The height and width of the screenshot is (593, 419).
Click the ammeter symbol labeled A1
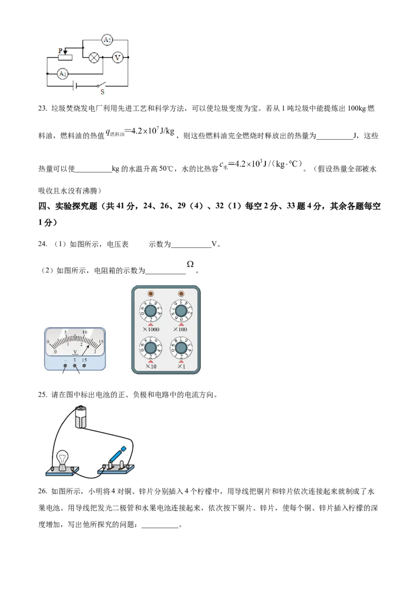[63, 74]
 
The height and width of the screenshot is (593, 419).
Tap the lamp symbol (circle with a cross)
[94, 57]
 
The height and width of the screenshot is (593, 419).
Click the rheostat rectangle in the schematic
[65, 57]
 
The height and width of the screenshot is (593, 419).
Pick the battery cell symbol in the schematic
[76, 85]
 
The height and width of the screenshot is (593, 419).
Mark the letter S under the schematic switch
[103, 92]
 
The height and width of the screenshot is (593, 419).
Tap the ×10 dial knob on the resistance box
[150, 348]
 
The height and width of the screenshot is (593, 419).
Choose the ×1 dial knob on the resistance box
[181, 348]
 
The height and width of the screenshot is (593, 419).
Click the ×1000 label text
[151, 330]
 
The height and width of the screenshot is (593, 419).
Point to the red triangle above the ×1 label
[181, 361]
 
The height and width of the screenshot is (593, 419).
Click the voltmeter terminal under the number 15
[84, 366]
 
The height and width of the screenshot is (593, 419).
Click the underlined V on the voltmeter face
[75, 352]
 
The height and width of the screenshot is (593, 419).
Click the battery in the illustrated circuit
[81, 416]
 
